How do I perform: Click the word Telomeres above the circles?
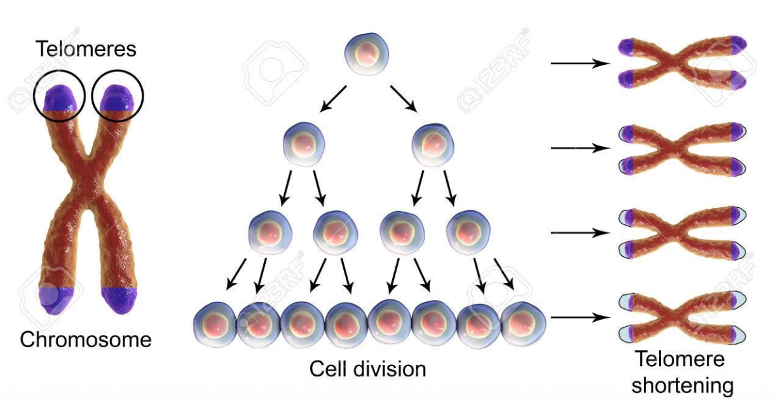pyautogui.click(x=86, y=48)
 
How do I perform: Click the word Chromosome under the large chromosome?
pyautogui.click(x=86, y=339)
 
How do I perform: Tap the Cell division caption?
pyautogui.click(x=367, y=369)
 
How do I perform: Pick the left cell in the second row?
pyautogui.click(x=304, y=144)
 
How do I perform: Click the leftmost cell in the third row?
pyautogui.click(x=270, y=231)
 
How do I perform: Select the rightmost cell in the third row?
pyautogui.click(x=468, y=231)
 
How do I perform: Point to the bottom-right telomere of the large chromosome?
pyautogui.click(x=118, y=300)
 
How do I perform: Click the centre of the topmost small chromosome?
pyautogui.click(x=682, y=62)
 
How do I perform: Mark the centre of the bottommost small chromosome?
pyautogui.click(x=682, y=317)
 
